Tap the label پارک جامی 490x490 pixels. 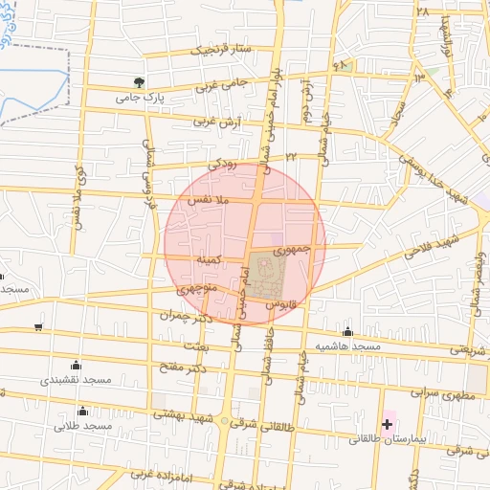tap(141, 97)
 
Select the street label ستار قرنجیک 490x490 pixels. tap(217, 49)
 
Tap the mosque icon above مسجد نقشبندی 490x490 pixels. tap(76, 365)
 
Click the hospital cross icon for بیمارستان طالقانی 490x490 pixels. tap(388, 423)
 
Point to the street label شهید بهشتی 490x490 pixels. tap(188, 409)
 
